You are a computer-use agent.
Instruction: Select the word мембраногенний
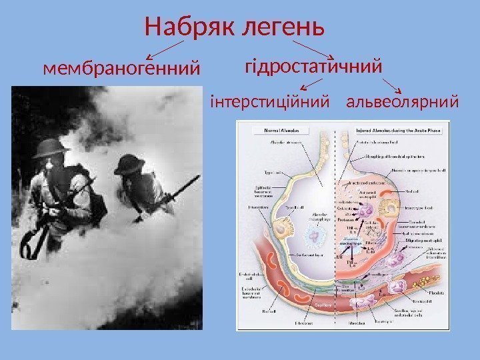(121, 68)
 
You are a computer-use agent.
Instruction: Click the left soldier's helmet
(51, 149)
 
